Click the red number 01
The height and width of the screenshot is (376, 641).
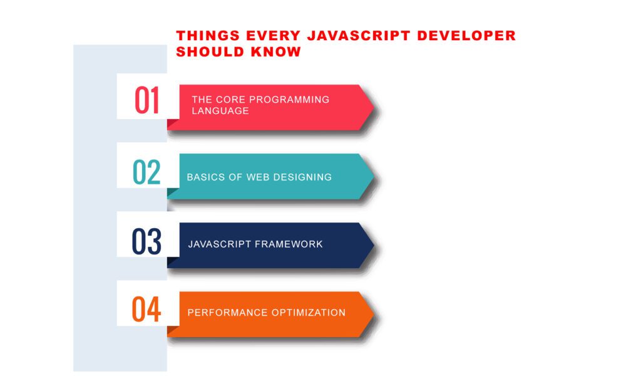click(146, 100)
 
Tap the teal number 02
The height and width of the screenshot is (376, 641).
click(146, 172)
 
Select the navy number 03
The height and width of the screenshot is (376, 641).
click(146, 241)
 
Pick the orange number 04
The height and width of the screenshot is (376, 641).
click(146, 310)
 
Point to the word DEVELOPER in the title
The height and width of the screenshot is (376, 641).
click(466, 36)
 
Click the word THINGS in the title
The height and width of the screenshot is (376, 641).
click(208, 36)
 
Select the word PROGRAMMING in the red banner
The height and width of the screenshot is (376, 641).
click(289, 100)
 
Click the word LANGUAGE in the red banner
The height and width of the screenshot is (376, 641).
click(220, 111)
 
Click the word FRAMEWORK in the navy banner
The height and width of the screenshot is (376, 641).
click(289, 244)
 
